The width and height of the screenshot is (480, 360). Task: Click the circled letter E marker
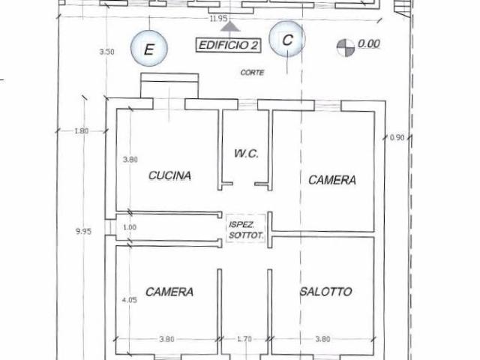click(149, 48)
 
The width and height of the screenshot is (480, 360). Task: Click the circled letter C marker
click(287, 39)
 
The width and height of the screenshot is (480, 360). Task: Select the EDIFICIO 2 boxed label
click(228, 45)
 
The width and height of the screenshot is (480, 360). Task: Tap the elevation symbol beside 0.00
click(346, 47)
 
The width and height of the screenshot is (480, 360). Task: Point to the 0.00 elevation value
click(369, 43)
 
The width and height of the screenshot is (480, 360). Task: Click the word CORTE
click(252, 73)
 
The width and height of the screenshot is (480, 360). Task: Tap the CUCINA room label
click(170, 175)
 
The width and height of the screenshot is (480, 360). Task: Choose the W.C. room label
click(246, 153)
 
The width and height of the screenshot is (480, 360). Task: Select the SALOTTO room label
click(326, 291)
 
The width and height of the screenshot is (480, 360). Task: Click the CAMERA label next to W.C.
click(332, 180)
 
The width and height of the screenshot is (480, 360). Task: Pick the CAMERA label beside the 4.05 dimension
click(169, 292)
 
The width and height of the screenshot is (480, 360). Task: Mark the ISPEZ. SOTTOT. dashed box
click(246, 228)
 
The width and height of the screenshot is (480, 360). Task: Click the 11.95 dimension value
click(218, 18)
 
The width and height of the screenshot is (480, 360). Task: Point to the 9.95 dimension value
click(83, 231)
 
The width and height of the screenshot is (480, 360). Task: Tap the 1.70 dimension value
click(244, 339)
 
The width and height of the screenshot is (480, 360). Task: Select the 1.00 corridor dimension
click(130, 227)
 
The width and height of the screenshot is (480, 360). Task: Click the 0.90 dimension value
click(397, 138)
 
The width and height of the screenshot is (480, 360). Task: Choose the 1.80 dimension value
click(82, 131)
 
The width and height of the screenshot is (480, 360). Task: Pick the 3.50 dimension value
click(106, 52)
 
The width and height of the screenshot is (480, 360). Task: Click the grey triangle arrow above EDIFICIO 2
click(230, 27)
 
